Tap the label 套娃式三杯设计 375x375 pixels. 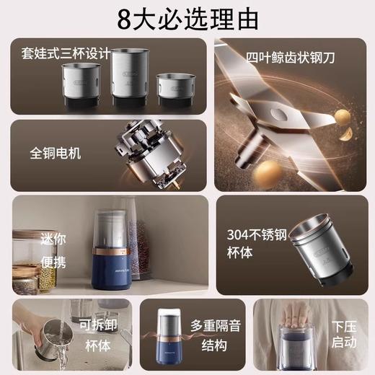(x=64, y=53)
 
